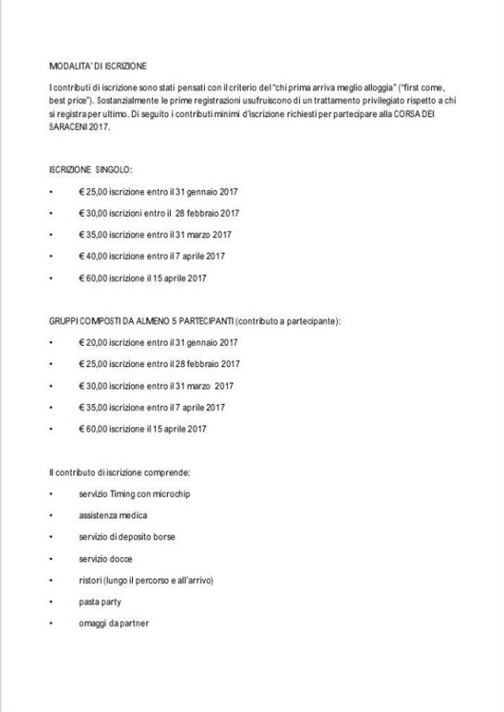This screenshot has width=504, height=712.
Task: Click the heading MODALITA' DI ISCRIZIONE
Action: [x=97, y=66]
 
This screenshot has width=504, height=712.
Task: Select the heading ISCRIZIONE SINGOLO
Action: [x=90, y=170]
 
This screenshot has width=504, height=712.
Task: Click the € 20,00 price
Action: [x=93, y=343]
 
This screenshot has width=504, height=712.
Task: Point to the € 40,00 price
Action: [x=93, y=256]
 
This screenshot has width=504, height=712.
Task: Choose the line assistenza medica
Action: [x=112, y=515]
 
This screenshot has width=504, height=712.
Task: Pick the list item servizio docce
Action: [x=105, y=559]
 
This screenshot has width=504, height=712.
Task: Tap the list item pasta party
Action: [x=100, y=602]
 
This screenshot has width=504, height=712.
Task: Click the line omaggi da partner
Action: [x=113, y=623]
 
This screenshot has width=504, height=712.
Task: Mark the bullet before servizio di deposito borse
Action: [x=50, y=537]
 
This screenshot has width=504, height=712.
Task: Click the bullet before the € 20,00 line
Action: [x=50, y=343]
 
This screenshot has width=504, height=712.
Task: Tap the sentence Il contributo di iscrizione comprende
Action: [x=119, y=472]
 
